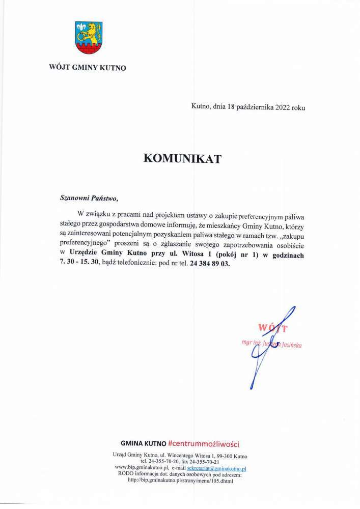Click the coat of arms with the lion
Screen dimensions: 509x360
89,37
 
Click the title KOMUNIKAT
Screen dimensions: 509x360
182,159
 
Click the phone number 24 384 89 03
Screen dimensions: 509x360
210,264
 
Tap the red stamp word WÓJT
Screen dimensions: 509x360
273,327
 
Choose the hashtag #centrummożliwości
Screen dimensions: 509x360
204,443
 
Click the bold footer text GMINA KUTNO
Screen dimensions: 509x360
143,443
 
